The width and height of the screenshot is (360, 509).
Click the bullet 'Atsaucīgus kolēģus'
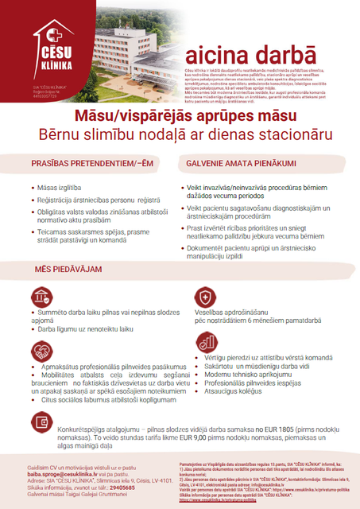234,390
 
